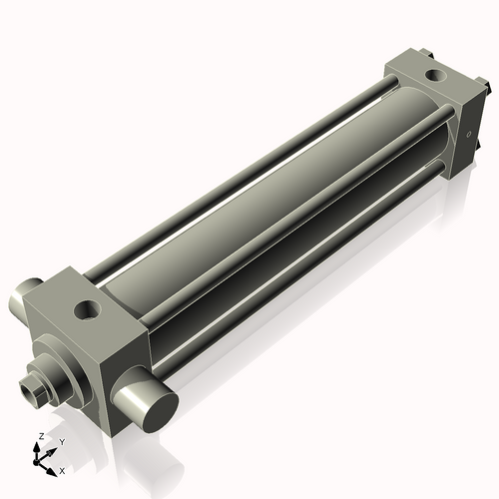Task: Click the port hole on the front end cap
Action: [88, 312]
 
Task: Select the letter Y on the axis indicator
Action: [61, 442]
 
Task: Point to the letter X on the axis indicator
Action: [62, 468]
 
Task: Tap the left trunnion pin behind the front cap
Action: [22, 295]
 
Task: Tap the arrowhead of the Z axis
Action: [37, 446]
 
